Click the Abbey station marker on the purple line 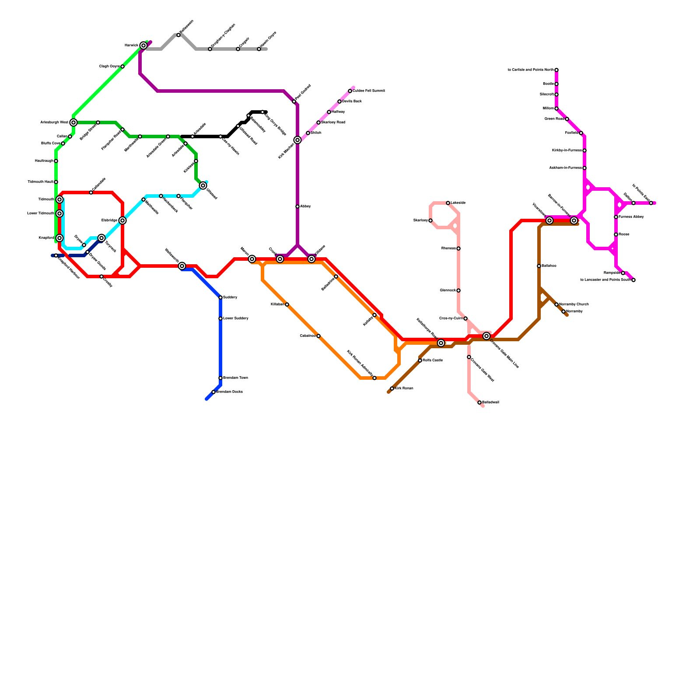click(x=297, y=206)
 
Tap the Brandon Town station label click(x=235, y=378)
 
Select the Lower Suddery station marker click(x=220, y=318)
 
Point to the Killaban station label click(x=277, y=304)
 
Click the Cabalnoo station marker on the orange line click(x=318, y=336)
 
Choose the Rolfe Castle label click(x=433, y=360)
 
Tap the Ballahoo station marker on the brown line click(x=539, y=266)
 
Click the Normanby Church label click(x=574, y=304)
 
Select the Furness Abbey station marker click(x=616, y=217)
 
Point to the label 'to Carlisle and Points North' click(x=531, y=70)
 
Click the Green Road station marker click(x=567, y=119)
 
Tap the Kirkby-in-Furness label click(x=567, y=150)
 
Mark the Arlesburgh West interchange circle click(x=73, y=122)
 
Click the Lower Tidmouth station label click(x=41, y=213)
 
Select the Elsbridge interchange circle click(x=122, y=220)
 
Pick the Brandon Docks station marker click(x=213, y=392)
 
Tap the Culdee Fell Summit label click(x=369, y=91)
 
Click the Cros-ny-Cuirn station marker click(x=465, y=318)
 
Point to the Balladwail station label click(x=490, y=402)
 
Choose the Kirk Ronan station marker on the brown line click(x=392, y=388)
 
